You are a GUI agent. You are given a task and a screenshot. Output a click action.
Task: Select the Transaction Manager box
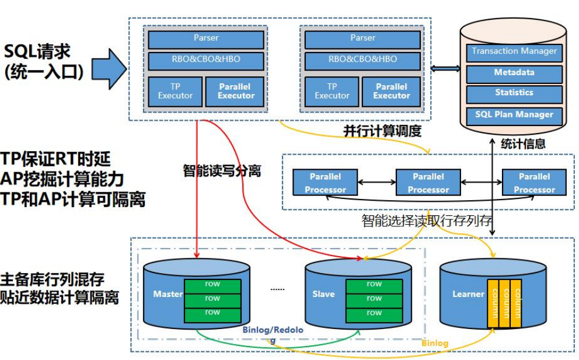(514, 52)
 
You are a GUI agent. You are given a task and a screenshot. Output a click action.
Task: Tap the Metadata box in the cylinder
(514, 73)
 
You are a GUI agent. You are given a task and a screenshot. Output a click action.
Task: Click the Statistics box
(514, 93)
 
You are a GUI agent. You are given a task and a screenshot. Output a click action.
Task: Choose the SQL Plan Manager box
(514, 114)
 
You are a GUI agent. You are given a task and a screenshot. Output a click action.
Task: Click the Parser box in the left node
(206, 39)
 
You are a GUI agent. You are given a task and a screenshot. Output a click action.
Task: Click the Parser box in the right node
(362, 39)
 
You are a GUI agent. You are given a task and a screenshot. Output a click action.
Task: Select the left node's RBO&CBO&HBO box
(206, 60)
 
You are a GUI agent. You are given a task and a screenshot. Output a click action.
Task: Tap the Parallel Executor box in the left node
(236, 91)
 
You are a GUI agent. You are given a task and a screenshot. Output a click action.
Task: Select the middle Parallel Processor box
(428, 182)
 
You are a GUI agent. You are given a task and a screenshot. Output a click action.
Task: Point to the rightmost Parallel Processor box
(534, 182)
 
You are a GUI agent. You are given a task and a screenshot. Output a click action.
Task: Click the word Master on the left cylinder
(168, 294)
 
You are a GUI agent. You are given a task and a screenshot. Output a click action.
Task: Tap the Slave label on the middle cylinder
(323, 294)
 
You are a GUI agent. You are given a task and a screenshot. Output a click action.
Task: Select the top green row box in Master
(212, 285)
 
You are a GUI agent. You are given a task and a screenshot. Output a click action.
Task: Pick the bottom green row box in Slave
(374, 313)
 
